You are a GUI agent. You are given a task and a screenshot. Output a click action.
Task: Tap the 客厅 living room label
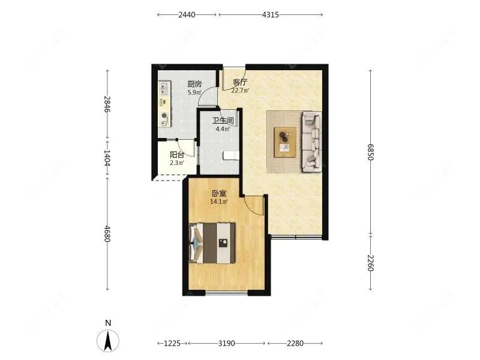(x=241, y=82)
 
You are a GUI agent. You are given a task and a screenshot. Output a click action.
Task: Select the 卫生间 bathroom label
(x=223, y=121)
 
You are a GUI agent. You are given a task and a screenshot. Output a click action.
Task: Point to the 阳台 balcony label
(x=176, y=154)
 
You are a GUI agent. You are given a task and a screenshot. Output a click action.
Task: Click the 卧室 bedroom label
(x=219, y=194)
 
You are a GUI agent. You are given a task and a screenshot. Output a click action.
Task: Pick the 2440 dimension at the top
(x=187, y=14)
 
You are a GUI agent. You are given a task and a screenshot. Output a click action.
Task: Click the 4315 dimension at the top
(x=271, y=14)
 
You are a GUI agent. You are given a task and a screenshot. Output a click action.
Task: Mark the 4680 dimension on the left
(x=107, y=234)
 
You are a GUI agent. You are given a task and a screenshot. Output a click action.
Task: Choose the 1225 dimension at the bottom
(x=172, y=344)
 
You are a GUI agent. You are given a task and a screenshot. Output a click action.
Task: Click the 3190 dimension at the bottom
(x=226, y=344)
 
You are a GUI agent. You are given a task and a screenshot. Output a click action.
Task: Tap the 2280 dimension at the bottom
(x=295, y=344)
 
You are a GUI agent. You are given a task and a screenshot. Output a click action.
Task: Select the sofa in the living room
(x=311, y=142)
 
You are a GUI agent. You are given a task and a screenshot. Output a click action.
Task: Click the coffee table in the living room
(x=285, y=142)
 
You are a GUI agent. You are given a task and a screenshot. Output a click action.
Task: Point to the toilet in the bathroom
(x=230, y=156)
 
